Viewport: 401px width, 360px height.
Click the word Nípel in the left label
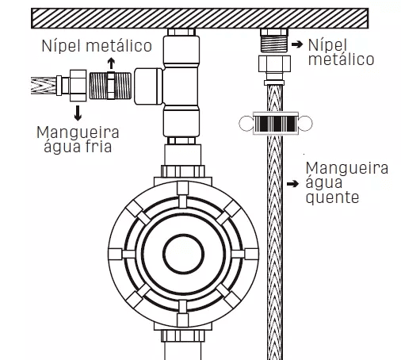pyautogui.click(x=61, y=45)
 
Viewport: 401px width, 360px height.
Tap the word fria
pyautogui.click(x=98, y=146)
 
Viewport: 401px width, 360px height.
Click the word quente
pyautogui.click(x=332, y=197)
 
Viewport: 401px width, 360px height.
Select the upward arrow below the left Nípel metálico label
pyautogui.click(x=111, y=63)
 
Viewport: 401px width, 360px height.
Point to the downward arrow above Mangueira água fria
pyautogui.click(x=78, y=113)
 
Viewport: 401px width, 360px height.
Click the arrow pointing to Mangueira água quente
pyautogui.click(x=292, y=183)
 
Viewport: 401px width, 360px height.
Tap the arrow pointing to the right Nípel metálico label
pyautogui.click(x=297, y=44)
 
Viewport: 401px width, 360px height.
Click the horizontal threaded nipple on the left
pyautogui.click(x=110, y=86)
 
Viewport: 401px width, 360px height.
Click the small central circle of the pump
pyautogui.click(x=183, y=254)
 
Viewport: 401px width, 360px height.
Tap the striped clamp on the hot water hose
pyautogui.click(x=276, y=123)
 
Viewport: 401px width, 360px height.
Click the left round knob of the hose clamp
pyautogui.click(x=246, y=123)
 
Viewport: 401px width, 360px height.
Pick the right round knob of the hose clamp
pyautogui.click(x=305, y=123)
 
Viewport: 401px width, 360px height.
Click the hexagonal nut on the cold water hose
pyautogui.click(x=78, y=86)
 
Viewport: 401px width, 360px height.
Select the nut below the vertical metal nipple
pyautogui.click(x=274, y=63)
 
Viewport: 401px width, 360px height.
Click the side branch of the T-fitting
pyautogui.click(x=148, y=86)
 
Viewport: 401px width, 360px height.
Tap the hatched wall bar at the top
pyautogui.click(x=200, y=18)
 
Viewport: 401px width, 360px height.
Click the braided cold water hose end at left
pyautogui.click(x=44, y=86)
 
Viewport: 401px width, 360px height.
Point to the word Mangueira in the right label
pyautogui.click(x=347, y=168)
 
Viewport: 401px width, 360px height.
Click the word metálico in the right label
pyautogui.click(x=341, y=59)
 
